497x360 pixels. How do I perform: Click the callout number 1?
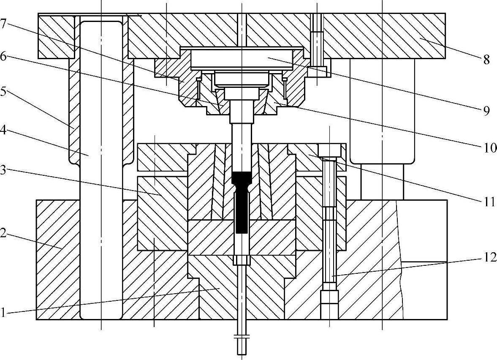tap(3, 313)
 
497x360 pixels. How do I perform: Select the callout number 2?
tap(3, 234)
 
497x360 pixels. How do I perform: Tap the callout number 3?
tap(3, 171)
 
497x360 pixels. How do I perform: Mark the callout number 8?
tap(486, 60)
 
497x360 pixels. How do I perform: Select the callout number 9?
tap(486, 111)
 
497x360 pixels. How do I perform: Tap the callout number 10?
tap(489, 148)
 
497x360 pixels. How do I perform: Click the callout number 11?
tap(489, 202)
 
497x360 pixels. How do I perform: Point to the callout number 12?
tap(489, 256)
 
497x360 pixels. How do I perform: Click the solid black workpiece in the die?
tap(242, 203)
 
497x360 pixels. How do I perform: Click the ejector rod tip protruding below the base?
tap(242, 344)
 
